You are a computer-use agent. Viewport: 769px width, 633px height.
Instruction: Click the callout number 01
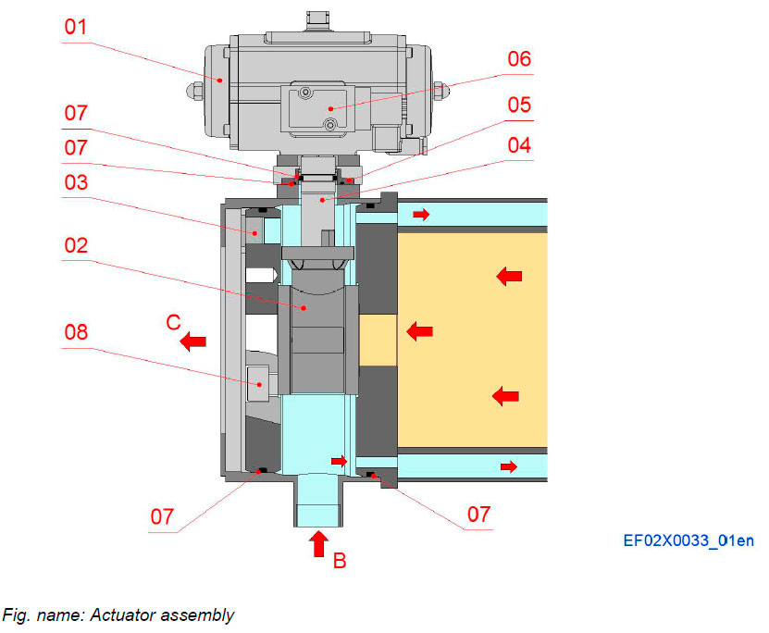tap(77, 28)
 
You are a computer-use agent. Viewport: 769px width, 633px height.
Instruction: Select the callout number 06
tap(519, 59)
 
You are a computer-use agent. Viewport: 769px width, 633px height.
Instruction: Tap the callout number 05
tap(519, 104)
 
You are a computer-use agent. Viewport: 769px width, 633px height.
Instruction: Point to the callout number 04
tap(519, 145)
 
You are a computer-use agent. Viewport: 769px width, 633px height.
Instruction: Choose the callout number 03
tap(77, 182)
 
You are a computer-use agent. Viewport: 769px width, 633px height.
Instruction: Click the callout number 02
tap(77, 246)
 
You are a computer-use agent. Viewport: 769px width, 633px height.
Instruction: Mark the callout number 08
tap(77, 331)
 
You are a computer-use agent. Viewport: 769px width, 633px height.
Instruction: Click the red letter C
tap(172, 324)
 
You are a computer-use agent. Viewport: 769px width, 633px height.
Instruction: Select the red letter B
tap(340, 560)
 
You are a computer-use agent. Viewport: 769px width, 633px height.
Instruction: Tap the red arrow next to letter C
tap(193, 342)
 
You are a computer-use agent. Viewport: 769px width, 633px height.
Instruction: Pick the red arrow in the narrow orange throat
tap(419, 329)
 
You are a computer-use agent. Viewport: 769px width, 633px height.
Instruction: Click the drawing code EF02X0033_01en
tap(688, 540)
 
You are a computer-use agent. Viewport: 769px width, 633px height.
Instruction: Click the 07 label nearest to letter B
tap(478, 514)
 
